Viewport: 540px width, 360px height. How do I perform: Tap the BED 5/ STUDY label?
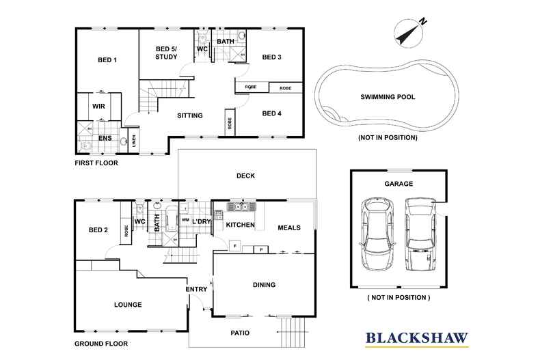tap(166, 53)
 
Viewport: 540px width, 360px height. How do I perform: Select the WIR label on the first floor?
tap(98, 107)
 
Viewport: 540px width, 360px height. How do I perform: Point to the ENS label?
tap(105, 139)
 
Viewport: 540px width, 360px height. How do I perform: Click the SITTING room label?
tap(189, 115)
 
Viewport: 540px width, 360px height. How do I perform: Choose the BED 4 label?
tap(271, 113)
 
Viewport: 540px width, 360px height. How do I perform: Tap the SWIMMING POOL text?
tap(387, 97)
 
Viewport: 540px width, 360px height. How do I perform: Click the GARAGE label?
tap(398, 184)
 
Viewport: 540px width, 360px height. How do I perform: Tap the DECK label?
tap(245, 176)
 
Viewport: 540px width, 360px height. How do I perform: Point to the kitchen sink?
tap(241, 206)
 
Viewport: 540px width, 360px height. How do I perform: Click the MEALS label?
tap(288, 227)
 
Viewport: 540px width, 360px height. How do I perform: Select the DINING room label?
tap(263, 285)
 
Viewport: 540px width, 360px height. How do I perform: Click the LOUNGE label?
tap(128, 305)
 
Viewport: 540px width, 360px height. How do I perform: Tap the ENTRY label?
tap(196, 290)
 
